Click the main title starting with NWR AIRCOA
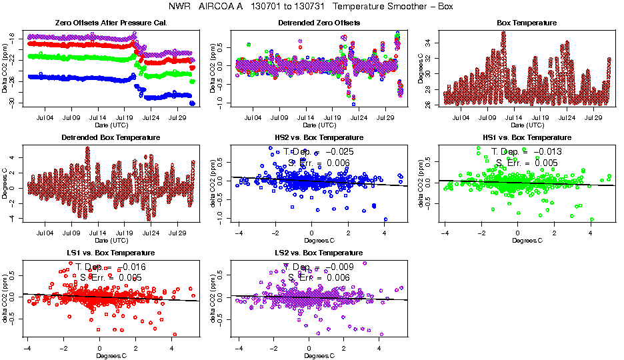[311, 7]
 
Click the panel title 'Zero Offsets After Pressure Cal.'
[101, 23]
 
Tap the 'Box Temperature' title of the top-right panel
[517, 23]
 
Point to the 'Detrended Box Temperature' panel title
[101, 137]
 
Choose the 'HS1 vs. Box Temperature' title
[517, 137]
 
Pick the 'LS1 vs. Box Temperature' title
[101, 253]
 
